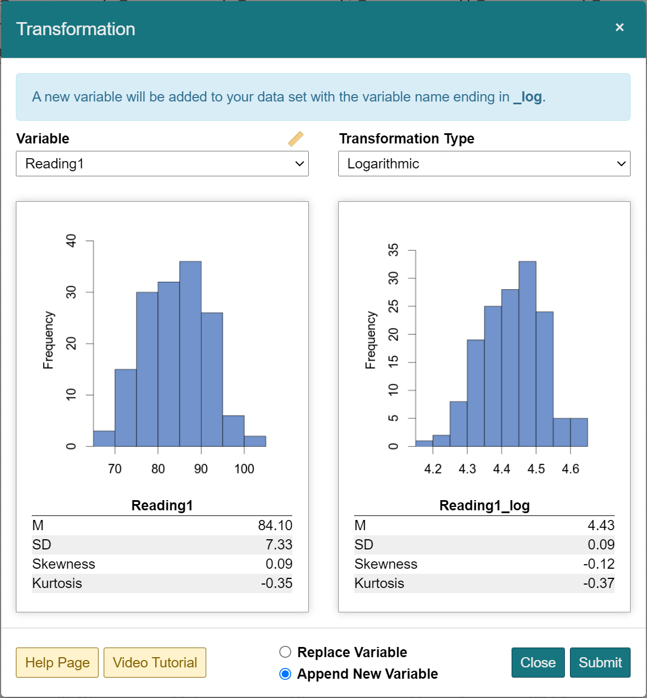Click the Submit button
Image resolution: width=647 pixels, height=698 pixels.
[600, 662]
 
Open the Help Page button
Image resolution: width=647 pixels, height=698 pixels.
[57, 662]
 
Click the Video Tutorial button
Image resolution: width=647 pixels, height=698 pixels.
[155, 662]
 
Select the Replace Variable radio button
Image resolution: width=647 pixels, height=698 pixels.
[286, 652]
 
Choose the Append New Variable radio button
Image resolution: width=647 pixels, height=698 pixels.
[286, 674]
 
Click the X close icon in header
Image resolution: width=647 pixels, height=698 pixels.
[620, 27]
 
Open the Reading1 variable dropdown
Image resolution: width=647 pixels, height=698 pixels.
[162, 164]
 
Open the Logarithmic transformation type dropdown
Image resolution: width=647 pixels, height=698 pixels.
[484, 164]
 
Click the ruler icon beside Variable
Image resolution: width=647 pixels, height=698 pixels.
[296, 139]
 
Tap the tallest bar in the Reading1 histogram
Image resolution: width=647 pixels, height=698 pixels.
[190, 352]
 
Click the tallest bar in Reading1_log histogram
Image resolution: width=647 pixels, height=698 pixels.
[527, 352]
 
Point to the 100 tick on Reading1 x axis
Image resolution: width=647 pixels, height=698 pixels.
[244, 469]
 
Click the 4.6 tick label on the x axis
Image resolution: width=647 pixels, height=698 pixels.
[571, 469]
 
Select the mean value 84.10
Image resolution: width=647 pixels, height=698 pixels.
[275, 526]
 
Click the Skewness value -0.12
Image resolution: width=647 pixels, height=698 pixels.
[599, 564]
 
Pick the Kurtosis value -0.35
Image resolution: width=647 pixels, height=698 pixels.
[276, 583]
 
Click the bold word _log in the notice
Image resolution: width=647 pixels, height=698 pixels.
[527, 97]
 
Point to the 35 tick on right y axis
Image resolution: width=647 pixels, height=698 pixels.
[393, 250]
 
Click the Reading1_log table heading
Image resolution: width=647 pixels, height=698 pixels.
[484, 505]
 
